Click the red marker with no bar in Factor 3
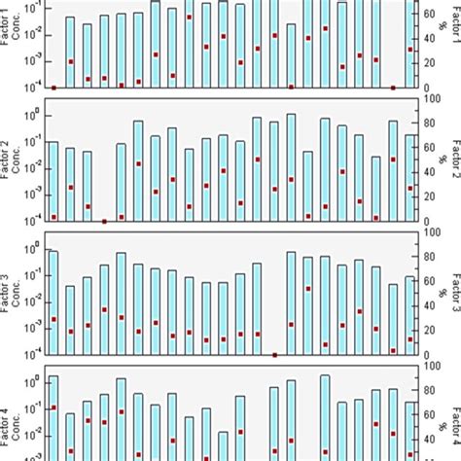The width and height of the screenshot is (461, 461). (274, 355)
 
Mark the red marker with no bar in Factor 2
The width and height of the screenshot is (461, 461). (104, 222)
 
